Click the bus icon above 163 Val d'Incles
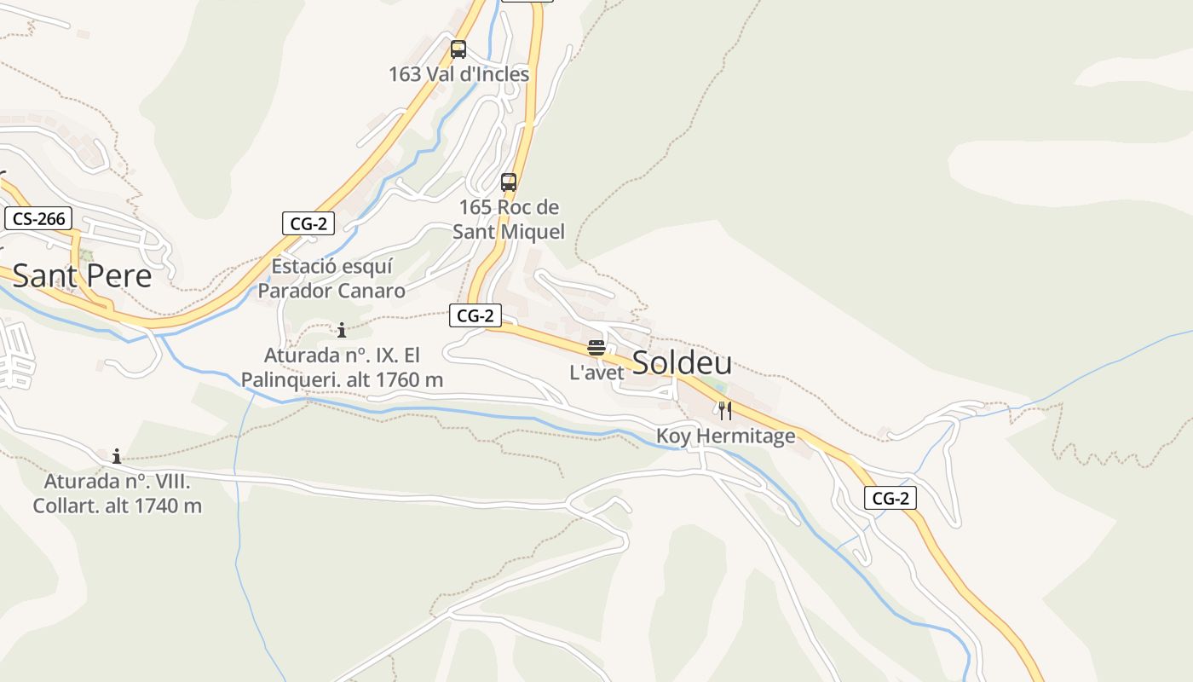(x=458, y=49)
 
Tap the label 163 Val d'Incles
(x=458, y=74)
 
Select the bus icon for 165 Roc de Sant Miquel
(x=509, y=182)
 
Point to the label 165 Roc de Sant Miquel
(x=509, y=219)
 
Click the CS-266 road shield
(x=39, y=218)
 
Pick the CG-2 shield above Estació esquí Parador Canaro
(x=308, y=223)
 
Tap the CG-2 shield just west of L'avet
(x=475, y=315)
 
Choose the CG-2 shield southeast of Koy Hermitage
(x=890, y=498)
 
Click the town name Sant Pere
(x=82, y=275)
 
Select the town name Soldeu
(x=682, y=363)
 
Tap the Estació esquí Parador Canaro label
(x=331, y=279)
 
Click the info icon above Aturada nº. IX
(x=342, y=330)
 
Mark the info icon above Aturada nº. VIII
(x=117, y=457)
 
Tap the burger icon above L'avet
(x=596, y=348)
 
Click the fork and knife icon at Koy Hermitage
(x=725, y=411)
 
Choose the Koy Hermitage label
(x=725, y=436)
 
